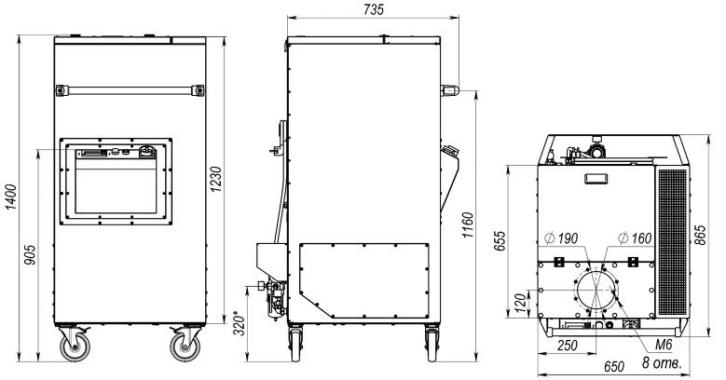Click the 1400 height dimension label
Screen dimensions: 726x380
click(11, 197)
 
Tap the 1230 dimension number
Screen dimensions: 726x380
click(216, 179)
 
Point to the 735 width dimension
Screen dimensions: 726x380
click(373, 9)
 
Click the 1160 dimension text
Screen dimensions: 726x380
click(468, 225)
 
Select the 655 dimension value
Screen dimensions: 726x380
click(500, 241)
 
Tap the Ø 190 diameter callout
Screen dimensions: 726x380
click(561, 238)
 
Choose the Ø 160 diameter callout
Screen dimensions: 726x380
click(635, 238)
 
